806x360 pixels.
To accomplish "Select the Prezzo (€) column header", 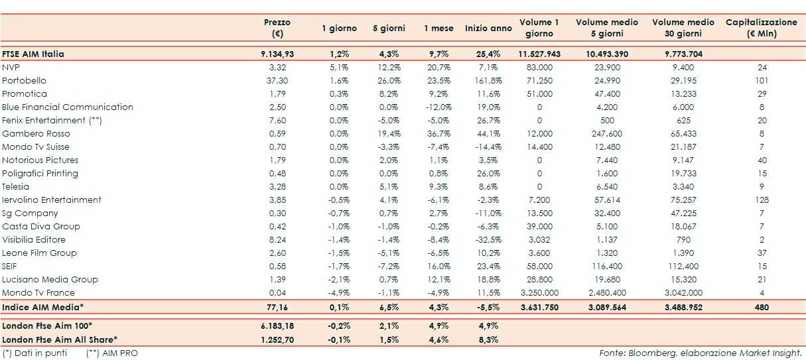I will pos(277,28).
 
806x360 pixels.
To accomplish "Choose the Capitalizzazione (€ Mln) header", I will pos(762,28).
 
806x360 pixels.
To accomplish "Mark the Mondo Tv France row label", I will pos(38,292).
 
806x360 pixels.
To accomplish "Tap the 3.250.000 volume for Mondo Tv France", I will pos(539,292).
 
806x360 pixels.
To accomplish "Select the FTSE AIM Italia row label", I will pos(33,54).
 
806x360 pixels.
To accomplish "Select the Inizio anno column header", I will pos(488,28).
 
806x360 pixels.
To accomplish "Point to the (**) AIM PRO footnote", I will pos(112,353).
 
